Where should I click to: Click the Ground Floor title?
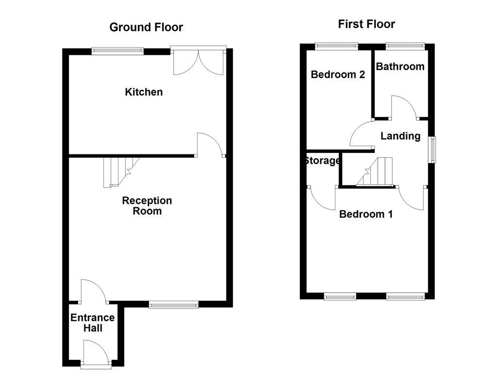146,27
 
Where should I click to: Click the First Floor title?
366,24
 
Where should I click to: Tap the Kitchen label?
144,92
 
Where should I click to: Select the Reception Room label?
147,206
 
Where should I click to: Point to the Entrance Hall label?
93,322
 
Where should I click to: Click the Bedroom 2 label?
338,74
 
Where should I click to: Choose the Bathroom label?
400,67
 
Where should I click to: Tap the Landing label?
400,136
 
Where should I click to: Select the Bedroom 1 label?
366,214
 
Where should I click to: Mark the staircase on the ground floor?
118,171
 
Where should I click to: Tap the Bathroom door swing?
404,107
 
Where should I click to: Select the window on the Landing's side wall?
431,150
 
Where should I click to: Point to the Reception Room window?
173,305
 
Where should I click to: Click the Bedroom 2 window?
337,47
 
